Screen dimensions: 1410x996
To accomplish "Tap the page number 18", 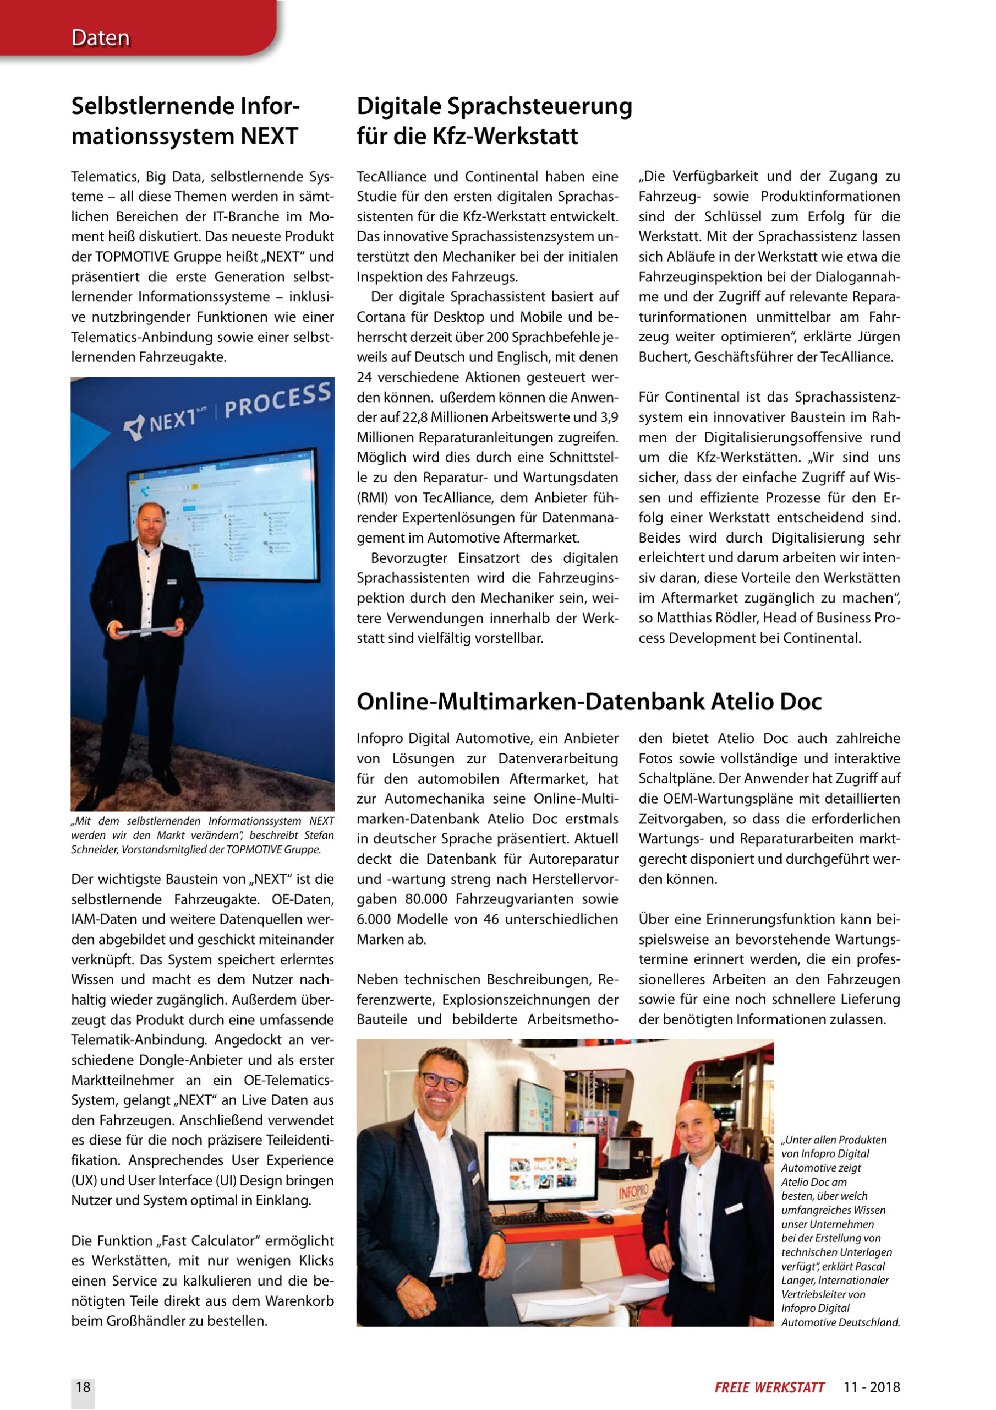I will coord(83,1387).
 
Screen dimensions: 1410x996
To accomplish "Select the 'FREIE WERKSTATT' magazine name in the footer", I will coord(769,1387).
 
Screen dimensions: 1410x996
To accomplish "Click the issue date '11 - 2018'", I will coord(872,1387).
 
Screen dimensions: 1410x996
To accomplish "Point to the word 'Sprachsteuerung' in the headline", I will coord(539,106).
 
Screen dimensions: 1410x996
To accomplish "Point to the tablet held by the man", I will coord(145,630).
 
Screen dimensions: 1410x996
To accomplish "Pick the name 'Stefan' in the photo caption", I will coord(319,835).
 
